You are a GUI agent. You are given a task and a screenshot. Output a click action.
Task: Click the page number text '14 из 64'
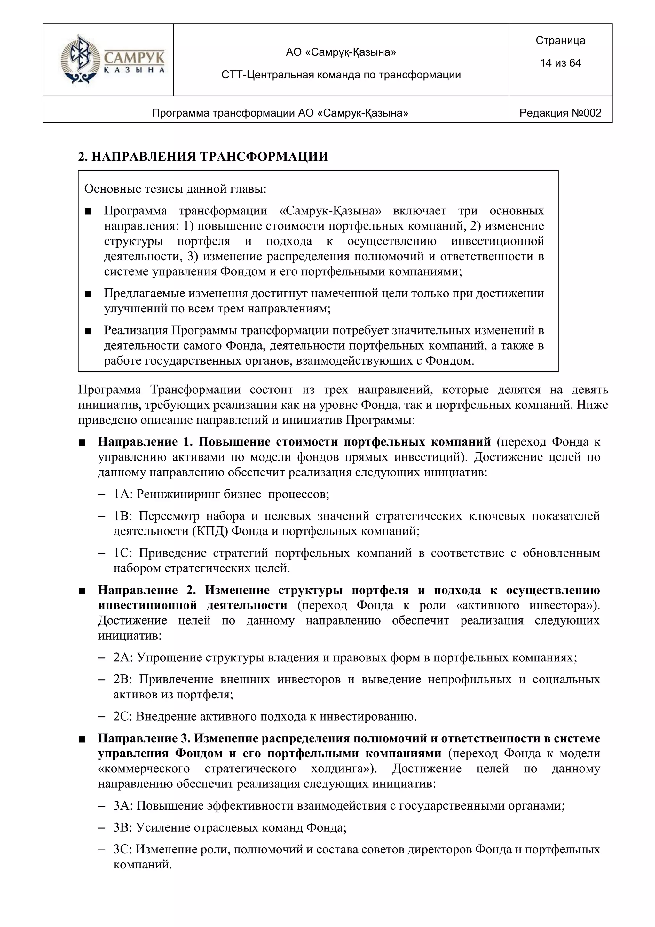pyautogui.click(x=560, y=63)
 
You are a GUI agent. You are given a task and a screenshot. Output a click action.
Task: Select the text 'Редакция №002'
pyautogui.click(x=560, y=113)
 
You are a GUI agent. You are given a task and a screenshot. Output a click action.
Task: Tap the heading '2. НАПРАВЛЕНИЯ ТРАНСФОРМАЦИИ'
pyautogui.click(x=203, y=157)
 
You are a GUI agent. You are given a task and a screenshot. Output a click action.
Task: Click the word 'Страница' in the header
pyautogui.click(x=560, y=40)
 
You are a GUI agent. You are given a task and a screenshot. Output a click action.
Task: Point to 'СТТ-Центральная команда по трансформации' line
pyautogui.click(x=341, y=75)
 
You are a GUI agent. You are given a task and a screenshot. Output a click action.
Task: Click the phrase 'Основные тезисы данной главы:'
pyautogui.click(x=176, y=189)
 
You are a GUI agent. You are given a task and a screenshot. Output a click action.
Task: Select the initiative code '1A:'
pyautogui.click(x=123, y=494)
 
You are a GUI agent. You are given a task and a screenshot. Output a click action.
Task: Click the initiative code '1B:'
pyautogui.click(x=123, y=516)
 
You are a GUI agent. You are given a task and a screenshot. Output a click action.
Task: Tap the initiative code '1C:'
pyautogui.click(x=123, y=553)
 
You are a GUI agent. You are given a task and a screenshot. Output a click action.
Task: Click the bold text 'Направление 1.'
pyautogui.click(x=143, y=442)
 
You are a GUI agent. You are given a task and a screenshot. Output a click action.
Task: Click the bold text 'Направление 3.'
pyautogui.click(x=144, y=738)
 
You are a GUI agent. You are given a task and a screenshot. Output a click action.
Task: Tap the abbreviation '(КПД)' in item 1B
pyautogui.click(x=210, y=531)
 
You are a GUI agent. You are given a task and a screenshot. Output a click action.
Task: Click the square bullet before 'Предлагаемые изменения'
pyautogui.click(x=88, y=294)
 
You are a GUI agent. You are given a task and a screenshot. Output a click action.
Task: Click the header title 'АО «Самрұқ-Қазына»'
pyautogui.click(x=341, y=52)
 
